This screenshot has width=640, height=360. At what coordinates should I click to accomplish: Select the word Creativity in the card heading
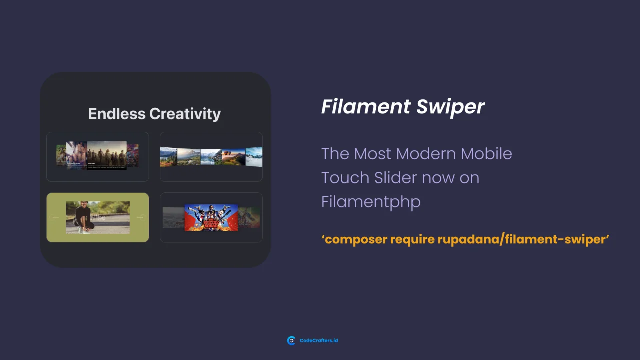185,114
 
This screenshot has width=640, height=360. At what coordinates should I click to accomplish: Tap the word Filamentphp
370,202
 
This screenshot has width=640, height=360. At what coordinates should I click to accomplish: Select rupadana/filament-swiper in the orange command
522,239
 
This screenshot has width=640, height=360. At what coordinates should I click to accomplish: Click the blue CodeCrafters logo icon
291,341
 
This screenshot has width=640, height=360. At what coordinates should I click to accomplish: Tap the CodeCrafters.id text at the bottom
319,341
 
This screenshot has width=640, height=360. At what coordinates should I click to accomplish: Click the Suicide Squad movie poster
211,217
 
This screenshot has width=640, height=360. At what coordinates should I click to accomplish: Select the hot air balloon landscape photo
233,157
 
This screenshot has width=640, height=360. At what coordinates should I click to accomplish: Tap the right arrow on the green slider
140,217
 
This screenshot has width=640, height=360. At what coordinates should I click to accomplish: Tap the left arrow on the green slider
55,217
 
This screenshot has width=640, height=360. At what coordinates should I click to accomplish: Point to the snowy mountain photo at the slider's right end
254,156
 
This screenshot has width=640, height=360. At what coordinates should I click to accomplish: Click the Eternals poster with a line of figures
106,155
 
